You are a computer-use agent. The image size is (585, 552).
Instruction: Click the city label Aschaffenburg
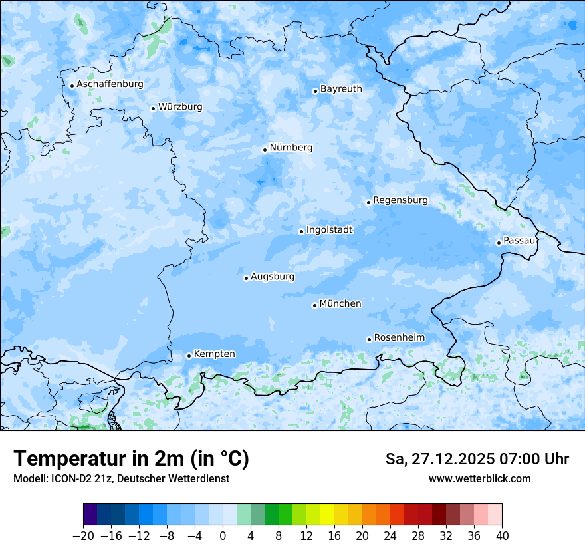pos(110,84)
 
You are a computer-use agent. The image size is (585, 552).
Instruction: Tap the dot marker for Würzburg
pos(153,108)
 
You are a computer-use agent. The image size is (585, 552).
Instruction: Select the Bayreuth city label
pos(341,89)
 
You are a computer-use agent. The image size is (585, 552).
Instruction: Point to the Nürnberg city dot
pos(265,150)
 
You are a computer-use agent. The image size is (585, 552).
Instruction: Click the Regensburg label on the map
pos(400,200)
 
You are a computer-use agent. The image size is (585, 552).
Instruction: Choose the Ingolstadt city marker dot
pos(301,232)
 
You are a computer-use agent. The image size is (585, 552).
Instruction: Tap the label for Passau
pos(519,241)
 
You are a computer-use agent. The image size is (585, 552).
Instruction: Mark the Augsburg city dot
pos(246,278)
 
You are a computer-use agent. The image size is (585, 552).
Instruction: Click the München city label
pos(340,304)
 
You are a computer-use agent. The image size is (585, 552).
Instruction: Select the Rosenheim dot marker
pos(369,339)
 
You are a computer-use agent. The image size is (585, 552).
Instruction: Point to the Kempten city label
pos(214,354)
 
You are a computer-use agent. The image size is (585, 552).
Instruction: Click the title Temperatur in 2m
pos(131,459)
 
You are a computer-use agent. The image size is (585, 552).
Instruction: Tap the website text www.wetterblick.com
pos(479,479)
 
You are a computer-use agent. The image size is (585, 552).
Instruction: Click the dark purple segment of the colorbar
pos(90,515)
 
